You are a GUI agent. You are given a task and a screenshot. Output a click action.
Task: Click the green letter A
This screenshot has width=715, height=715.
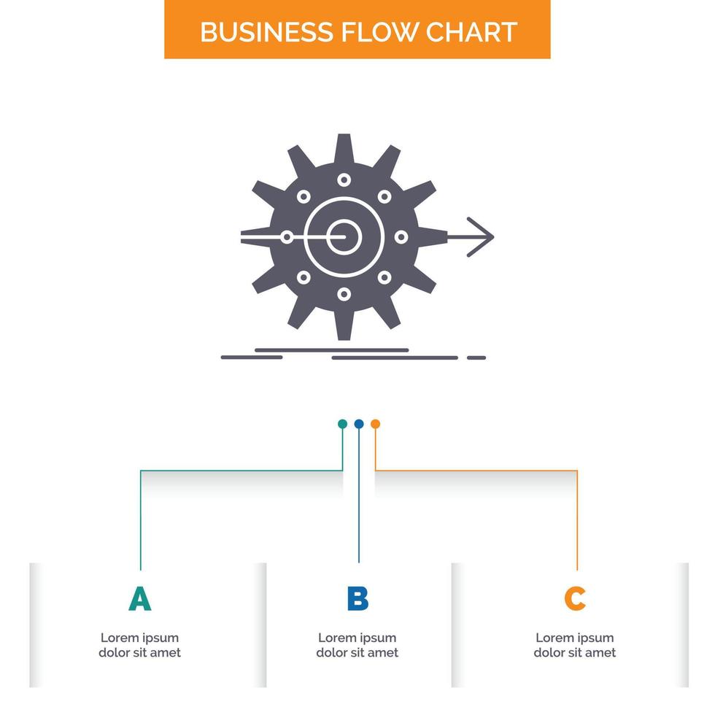point(139,599)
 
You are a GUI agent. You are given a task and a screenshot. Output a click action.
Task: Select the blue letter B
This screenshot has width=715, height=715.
point(357,599)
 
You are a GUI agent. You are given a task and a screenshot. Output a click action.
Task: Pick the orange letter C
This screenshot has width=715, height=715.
point(575,599)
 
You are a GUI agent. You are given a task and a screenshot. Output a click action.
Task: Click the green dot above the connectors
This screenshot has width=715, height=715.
point(342,424)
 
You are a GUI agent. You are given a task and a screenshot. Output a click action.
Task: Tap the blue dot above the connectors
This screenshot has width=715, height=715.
point(358,424)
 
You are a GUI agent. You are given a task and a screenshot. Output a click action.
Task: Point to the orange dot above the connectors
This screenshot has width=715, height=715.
point(375,424)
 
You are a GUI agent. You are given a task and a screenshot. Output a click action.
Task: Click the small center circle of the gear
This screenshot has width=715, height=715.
point(344,236)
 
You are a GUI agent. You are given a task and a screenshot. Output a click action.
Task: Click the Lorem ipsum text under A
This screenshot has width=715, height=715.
point(139,645)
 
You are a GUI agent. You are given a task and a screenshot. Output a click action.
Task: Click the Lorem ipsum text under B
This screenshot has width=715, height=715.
point(357,645)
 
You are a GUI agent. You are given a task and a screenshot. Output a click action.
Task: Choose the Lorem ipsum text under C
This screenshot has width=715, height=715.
point(575,645)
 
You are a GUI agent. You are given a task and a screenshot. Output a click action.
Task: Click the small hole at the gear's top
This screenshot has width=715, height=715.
point(344,179)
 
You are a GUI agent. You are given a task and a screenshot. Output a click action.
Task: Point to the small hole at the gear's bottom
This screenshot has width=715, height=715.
point(344,294)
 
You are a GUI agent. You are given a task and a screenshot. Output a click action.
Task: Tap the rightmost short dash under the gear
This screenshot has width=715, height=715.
point(476,357)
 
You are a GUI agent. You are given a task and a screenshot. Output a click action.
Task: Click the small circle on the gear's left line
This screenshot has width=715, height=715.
point(287,236)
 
